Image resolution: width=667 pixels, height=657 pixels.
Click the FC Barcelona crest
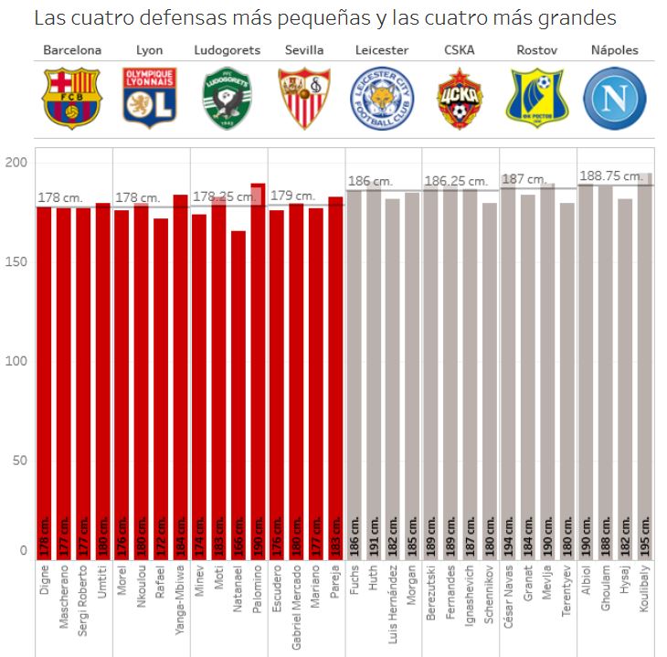tap(72, 98)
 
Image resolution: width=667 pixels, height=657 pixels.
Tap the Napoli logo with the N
tap(615, 98)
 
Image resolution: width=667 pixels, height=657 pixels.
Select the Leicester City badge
tap(382, 98)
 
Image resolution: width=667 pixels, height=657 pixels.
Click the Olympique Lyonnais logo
tap(149, 98)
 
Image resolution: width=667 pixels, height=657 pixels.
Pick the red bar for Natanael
tap(238, 393)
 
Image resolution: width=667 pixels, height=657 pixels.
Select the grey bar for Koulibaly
tap(645, 366)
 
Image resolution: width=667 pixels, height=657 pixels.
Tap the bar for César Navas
tap(509, 366)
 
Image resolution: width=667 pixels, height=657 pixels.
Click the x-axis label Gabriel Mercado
tap(296, 609)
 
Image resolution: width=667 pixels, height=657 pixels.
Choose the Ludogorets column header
tap(228, 50)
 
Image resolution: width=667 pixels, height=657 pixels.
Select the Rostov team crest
tap(537, 98)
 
